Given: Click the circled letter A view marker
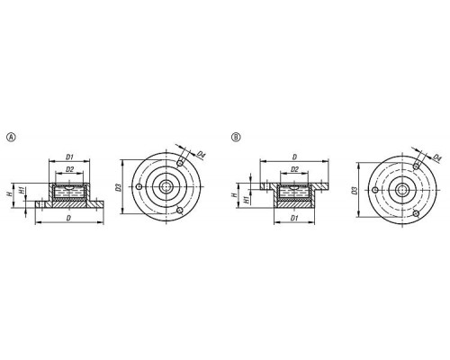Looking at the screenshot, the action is (x=11, y=137).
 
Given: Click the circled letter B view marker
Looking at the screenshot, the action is (x=236, y=137).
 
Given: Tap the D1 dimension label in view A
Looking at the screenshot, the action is (x=69, y=157).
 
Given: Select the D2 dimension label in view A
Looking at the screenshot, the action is (x=69, y=169).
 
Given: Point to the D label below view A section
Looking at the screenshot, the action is (x=68, y=218).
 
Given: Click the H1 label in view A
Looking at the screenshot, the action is (x=22, y=190).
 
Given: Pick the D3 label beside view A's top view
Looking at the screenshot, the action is (x=118, y=188).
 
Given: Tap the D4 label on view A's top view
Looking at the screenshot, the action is (x=201, y=155).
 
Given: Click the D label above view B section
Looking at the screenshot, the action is (x=294, y=157).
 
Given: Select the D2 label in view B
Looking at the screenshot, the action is (x=294, y=169).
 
